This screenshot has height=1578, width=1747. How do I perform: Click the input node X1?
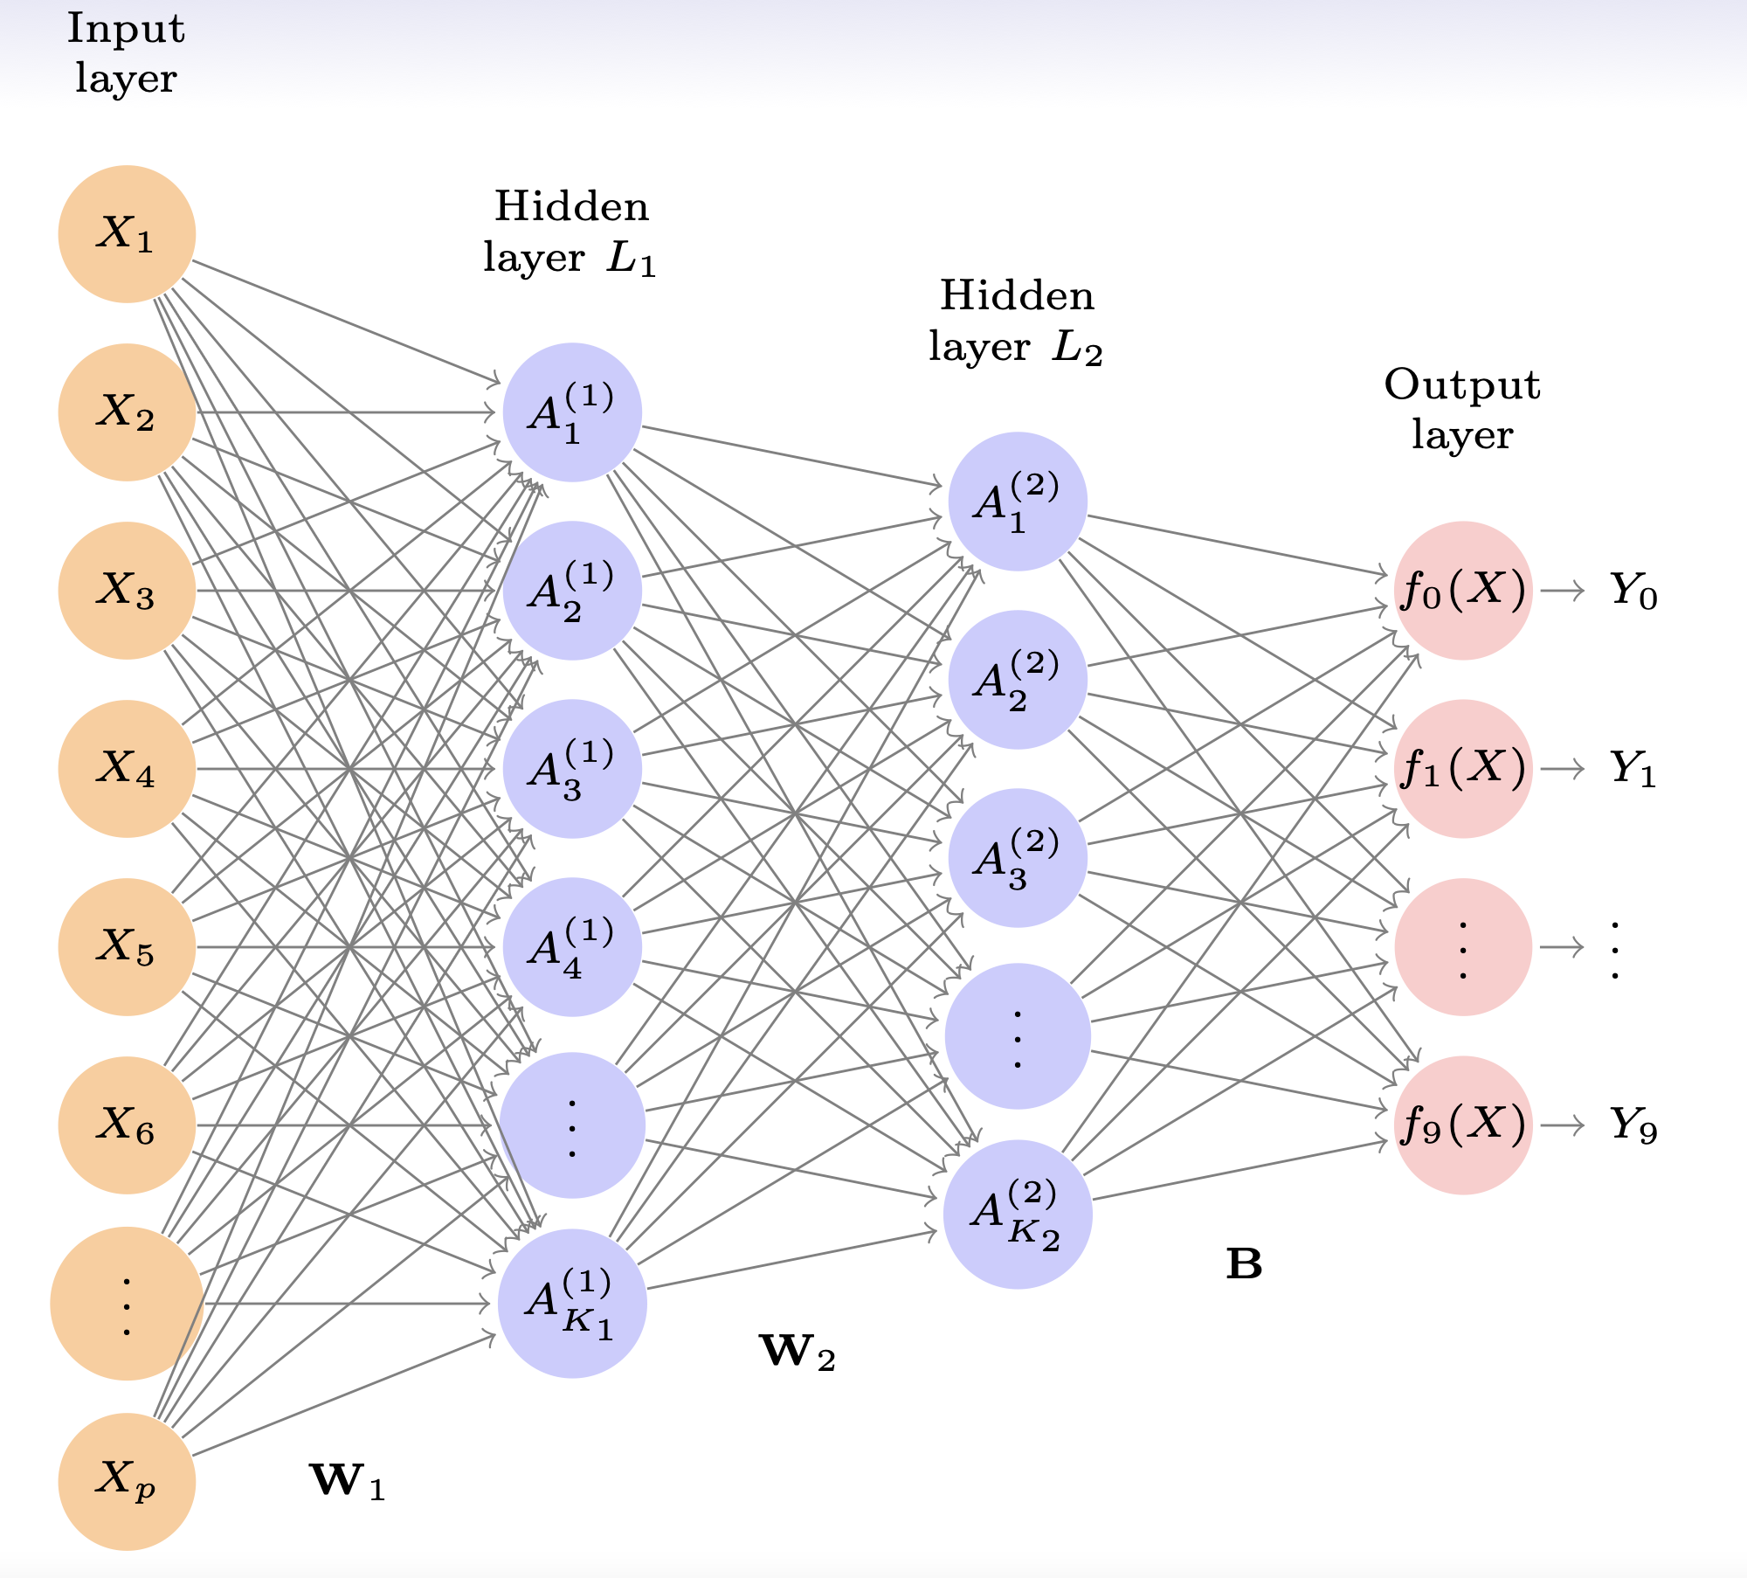coord(127,234)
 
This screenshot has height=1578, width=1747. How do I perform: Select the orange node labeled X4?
coord(127,769)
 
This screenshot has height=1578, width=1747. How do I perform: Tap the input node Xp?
coord(127,1482)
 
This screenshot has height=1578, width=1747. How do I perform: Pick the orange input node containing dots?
coord(127,1304)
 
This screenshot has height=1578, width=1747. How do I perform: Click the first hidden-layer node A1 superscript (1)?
coord(572,412)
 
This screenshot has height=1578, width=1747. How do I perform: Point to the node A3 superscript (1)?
coord(572,769)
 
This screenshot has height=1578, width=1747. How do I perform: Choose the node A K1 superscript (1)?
coord(572,1304)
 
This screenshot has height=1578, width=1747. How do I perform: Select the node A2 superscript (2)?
coord(1018,680)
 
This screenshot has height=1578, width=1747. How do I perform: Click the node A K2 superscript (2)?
coord(1018,1215)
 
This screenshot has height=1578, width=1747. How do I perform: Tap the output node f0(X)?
coord(1463,591)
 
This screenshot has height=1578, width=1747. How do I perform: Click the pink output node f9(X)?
coord(1463,1125)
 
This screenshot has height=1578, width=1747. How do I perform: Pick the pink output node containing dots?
coord(1463,947)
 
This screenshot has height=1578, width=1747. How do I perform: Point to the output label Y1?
coord(1633,769)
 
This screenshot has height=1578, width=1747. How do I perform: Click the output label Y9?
coord(1633,1125)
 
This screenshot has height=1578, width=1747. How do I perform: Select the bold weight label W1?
coord(348,1480)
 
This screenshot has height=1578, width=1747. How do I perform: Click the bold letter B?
coord(1244,1263)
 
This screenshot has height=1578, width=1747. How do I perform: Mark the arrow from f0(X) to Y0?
coord(1562,591)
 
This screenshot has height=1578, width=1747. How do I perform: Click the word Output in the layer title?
coord(1462,385)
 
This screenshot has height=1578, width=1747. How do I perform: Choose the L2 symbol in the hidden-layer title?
coord(1076,348)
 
